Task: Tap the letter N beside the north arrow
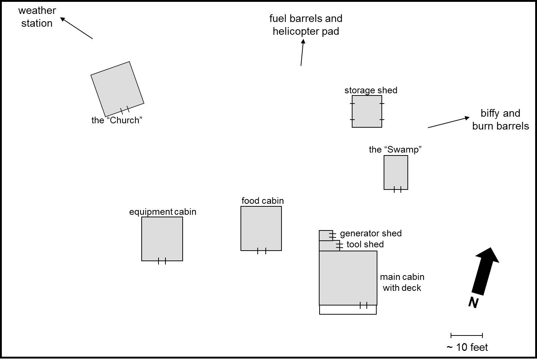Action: [473, 303]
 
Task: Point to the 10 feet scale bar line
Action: [467, 335]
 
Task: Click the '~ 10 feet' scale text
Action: [467, 347]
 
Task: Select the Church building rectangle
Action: [117, 89]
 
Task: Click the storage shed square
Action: [367, 111]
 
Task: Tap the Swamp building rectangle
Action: [396, 172]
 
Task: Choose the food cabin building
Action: [261, 228]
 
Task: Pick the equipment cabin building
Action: [162, 239]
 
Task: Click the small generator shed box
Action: [325, 235]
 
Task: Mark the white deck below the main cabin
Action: [348, 310]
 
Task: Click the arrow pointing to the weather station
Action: [76, 28]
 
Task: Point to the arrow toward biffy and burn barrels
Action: [449, 122]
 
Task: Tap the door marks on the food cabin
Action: [261, 251]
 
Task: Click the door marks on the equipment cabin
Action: [162, 261]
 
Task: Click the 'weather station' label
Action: [37, 17]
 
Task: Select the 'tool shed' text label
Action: [365, 244]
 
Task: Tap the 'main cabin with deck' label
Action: [402, 282]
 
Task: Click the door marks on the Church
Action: [125, 110]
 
